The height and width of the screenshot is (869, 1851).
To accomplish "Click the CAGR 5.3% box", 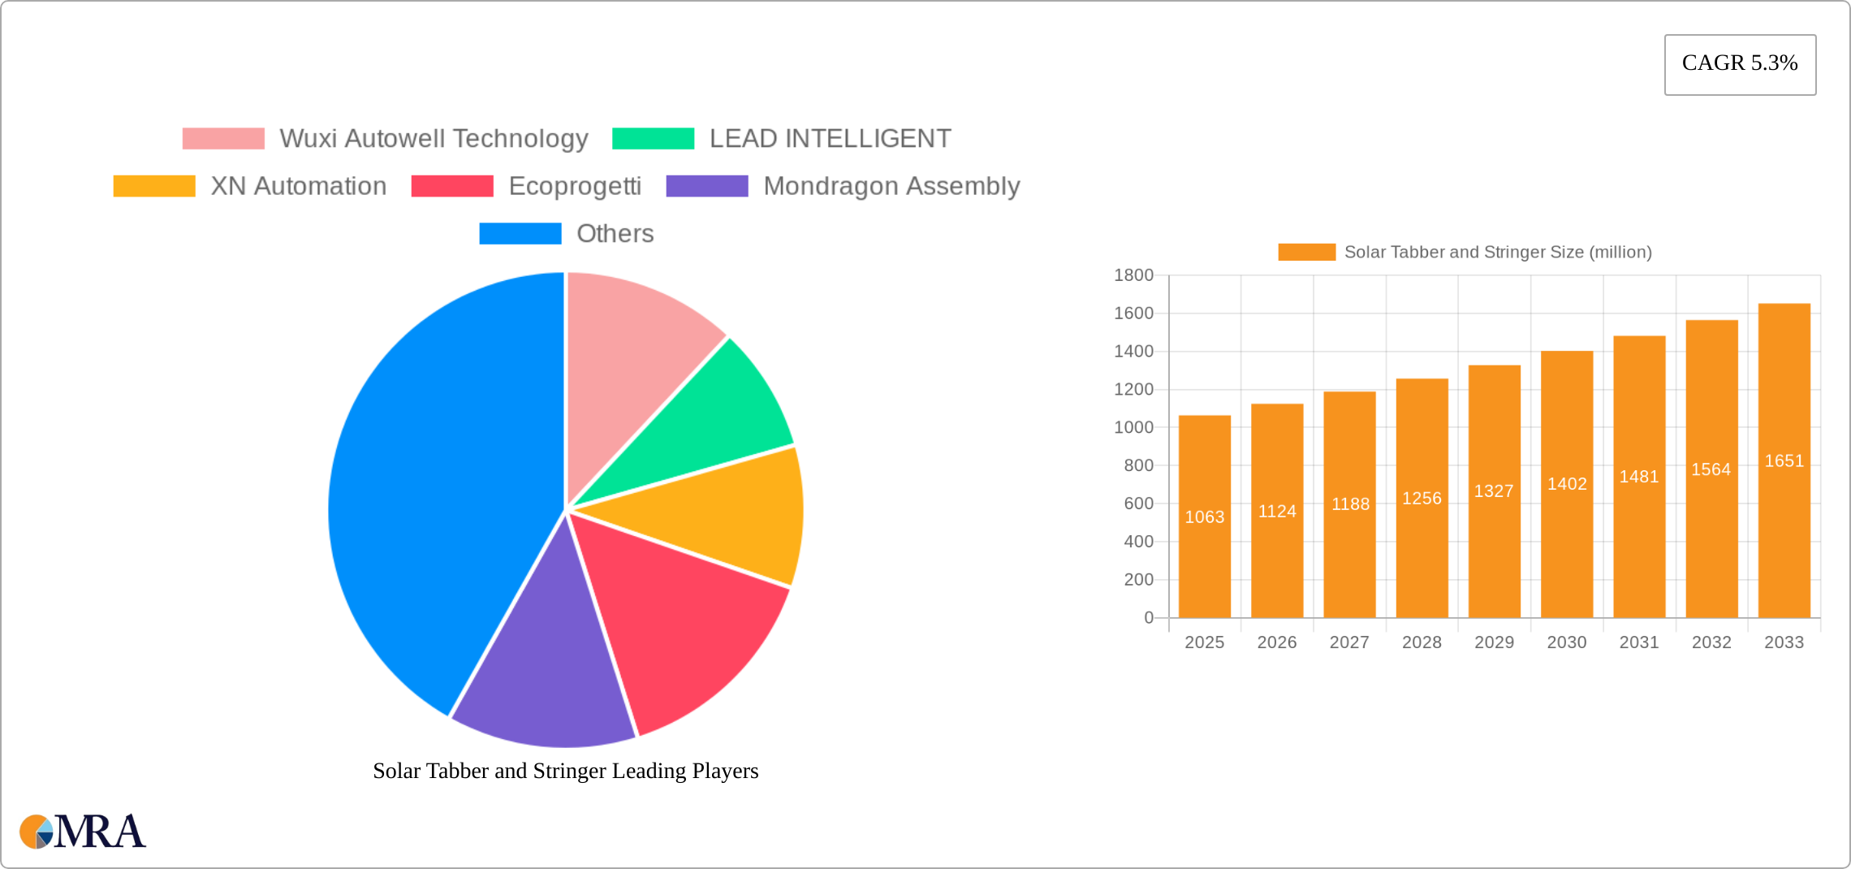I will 1740,64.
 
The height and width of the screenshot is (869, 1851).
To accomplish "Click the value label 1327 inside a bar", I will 1494,491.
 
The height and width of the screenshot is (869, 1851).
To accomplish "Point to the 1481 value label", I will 1639,477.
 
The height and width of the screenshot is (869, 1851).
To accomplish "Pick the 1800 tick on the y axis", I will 1133,275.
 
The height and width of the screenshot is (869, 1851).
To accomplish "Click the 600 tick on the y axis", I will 1138,504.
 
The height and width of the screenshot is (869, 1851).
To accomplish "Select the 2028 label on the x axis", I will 1422,642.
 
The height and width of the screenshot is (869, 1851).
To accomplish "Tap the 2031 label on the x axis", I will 1639,642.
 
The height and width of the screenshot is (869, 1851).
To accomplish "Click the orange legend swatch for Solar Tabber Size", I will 1306,253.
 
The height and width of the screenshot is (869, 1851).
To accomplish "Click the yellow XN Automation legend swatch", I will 154,186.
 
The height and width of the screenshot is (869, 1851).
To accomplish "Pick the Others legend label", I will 615,234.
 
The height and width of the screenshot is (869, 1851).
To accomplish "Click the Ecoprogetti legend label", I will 575,186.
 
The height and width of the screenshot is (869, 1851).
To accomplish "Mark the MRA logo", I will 83,832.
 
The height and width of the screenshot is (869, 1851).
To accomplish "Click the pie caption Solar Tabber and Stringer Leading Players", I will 565,771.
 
